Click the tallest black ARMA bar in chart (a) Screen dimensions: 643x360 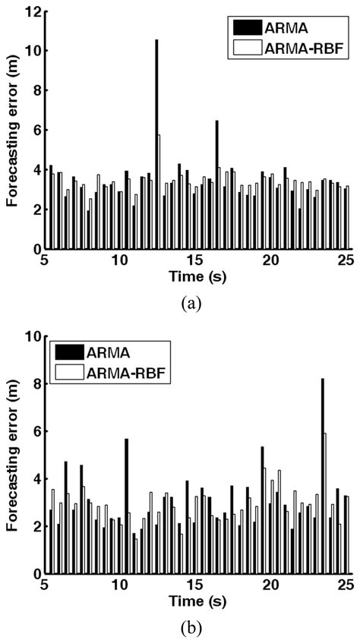pos(157,144)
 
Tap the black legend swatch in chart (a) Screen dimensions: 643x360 pos(247,30)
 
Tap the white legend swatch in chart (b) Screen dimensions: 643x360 pos(71,371)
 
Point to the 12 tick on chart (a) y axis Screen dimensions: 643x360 pos(30,11)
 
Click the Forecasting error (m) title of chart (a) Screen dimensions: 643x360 pos(12,129)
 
